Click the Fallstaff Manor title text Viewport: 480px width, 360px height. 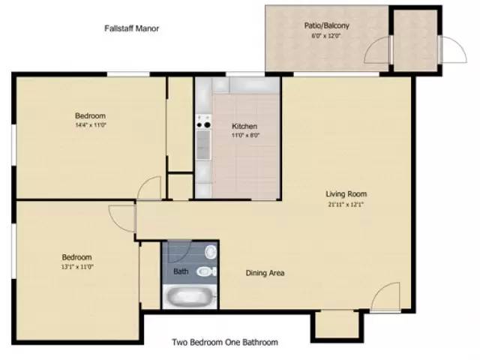pos(132,28)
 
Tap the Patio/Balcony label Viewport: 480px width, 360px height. pos(327,25)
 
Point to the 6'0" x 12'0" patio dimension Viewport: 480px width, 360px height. pos(326,35)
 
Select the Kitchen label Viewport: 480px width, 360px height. pos(244,126)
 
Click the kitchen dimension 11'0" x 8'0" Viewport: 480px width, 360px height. pos(245,135)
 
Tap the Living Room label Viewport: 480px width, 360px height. pos(346,193)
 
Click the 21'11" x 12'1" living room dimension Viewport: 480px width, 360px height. pos(346,205)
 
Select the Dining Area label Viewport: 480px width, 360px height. pos(265,273)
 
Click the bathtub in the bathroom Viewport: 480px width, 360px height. pos(190,297)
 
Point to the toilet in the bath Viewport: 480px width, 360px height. pos(206,271)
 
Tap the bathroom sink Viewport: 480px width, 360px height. pos(211,252)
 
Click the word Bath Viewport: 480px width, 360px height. pos(181,271)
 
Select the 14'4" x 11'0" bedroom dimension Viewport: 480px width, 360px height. pos(91,124)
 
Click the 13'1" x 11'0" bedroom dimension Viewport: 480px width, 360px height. pos(77,267)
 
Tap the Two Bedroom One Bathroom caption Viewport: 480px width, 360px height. pos(225,342)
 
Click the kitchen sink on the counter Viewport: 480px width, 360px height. pos(203,145)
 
